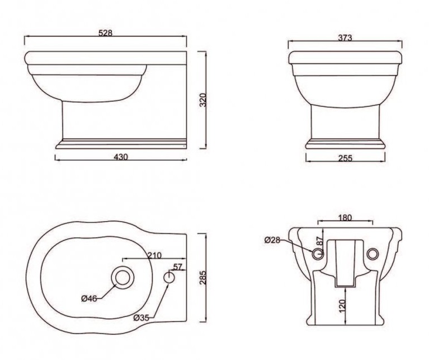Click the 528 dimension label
coord(105,33)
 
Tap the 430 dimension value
coord(121,157)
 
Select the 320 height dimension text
coord(202,100)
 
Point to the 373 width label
coord(345,38)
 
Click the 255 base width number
coord(345,158)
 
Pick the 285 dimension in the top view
coord(202,277)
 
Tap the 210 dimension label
coord(154,255)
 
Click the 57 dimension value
coord(178,267)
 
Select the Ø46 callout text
coord(89,298)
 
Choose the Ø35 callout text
coord(141,318)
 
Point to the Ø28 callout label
coord(272,240)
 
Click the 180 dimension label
coord(345,218)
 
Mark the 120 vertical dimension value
coord(342,306)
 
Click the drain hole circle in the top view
coord(122,278)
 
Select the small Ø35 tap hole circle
coord(169,277)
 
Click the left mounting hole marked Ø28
coord(318,254)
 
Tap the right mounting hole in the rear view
coord(373,254)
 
